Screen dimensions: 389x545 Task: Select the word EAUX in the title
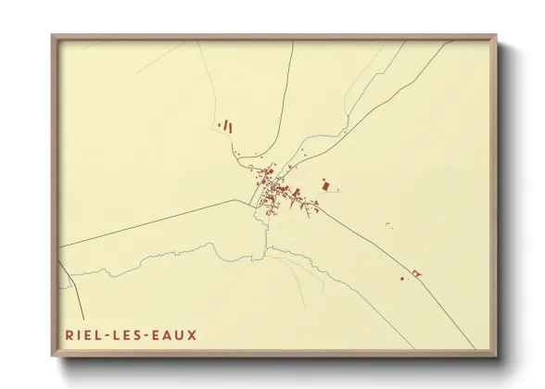[177, 333]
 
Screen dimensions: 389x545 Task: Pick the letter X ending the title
[192, 333]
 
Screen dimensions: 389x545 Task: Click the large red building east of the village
[325, 185]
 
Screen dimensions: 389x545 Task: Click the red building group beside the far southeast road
[415, 272]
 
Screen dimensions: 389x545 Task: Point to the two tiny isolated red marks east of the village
[387, 226]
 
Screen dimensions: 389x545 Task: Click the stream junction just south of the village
[266, 247]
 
